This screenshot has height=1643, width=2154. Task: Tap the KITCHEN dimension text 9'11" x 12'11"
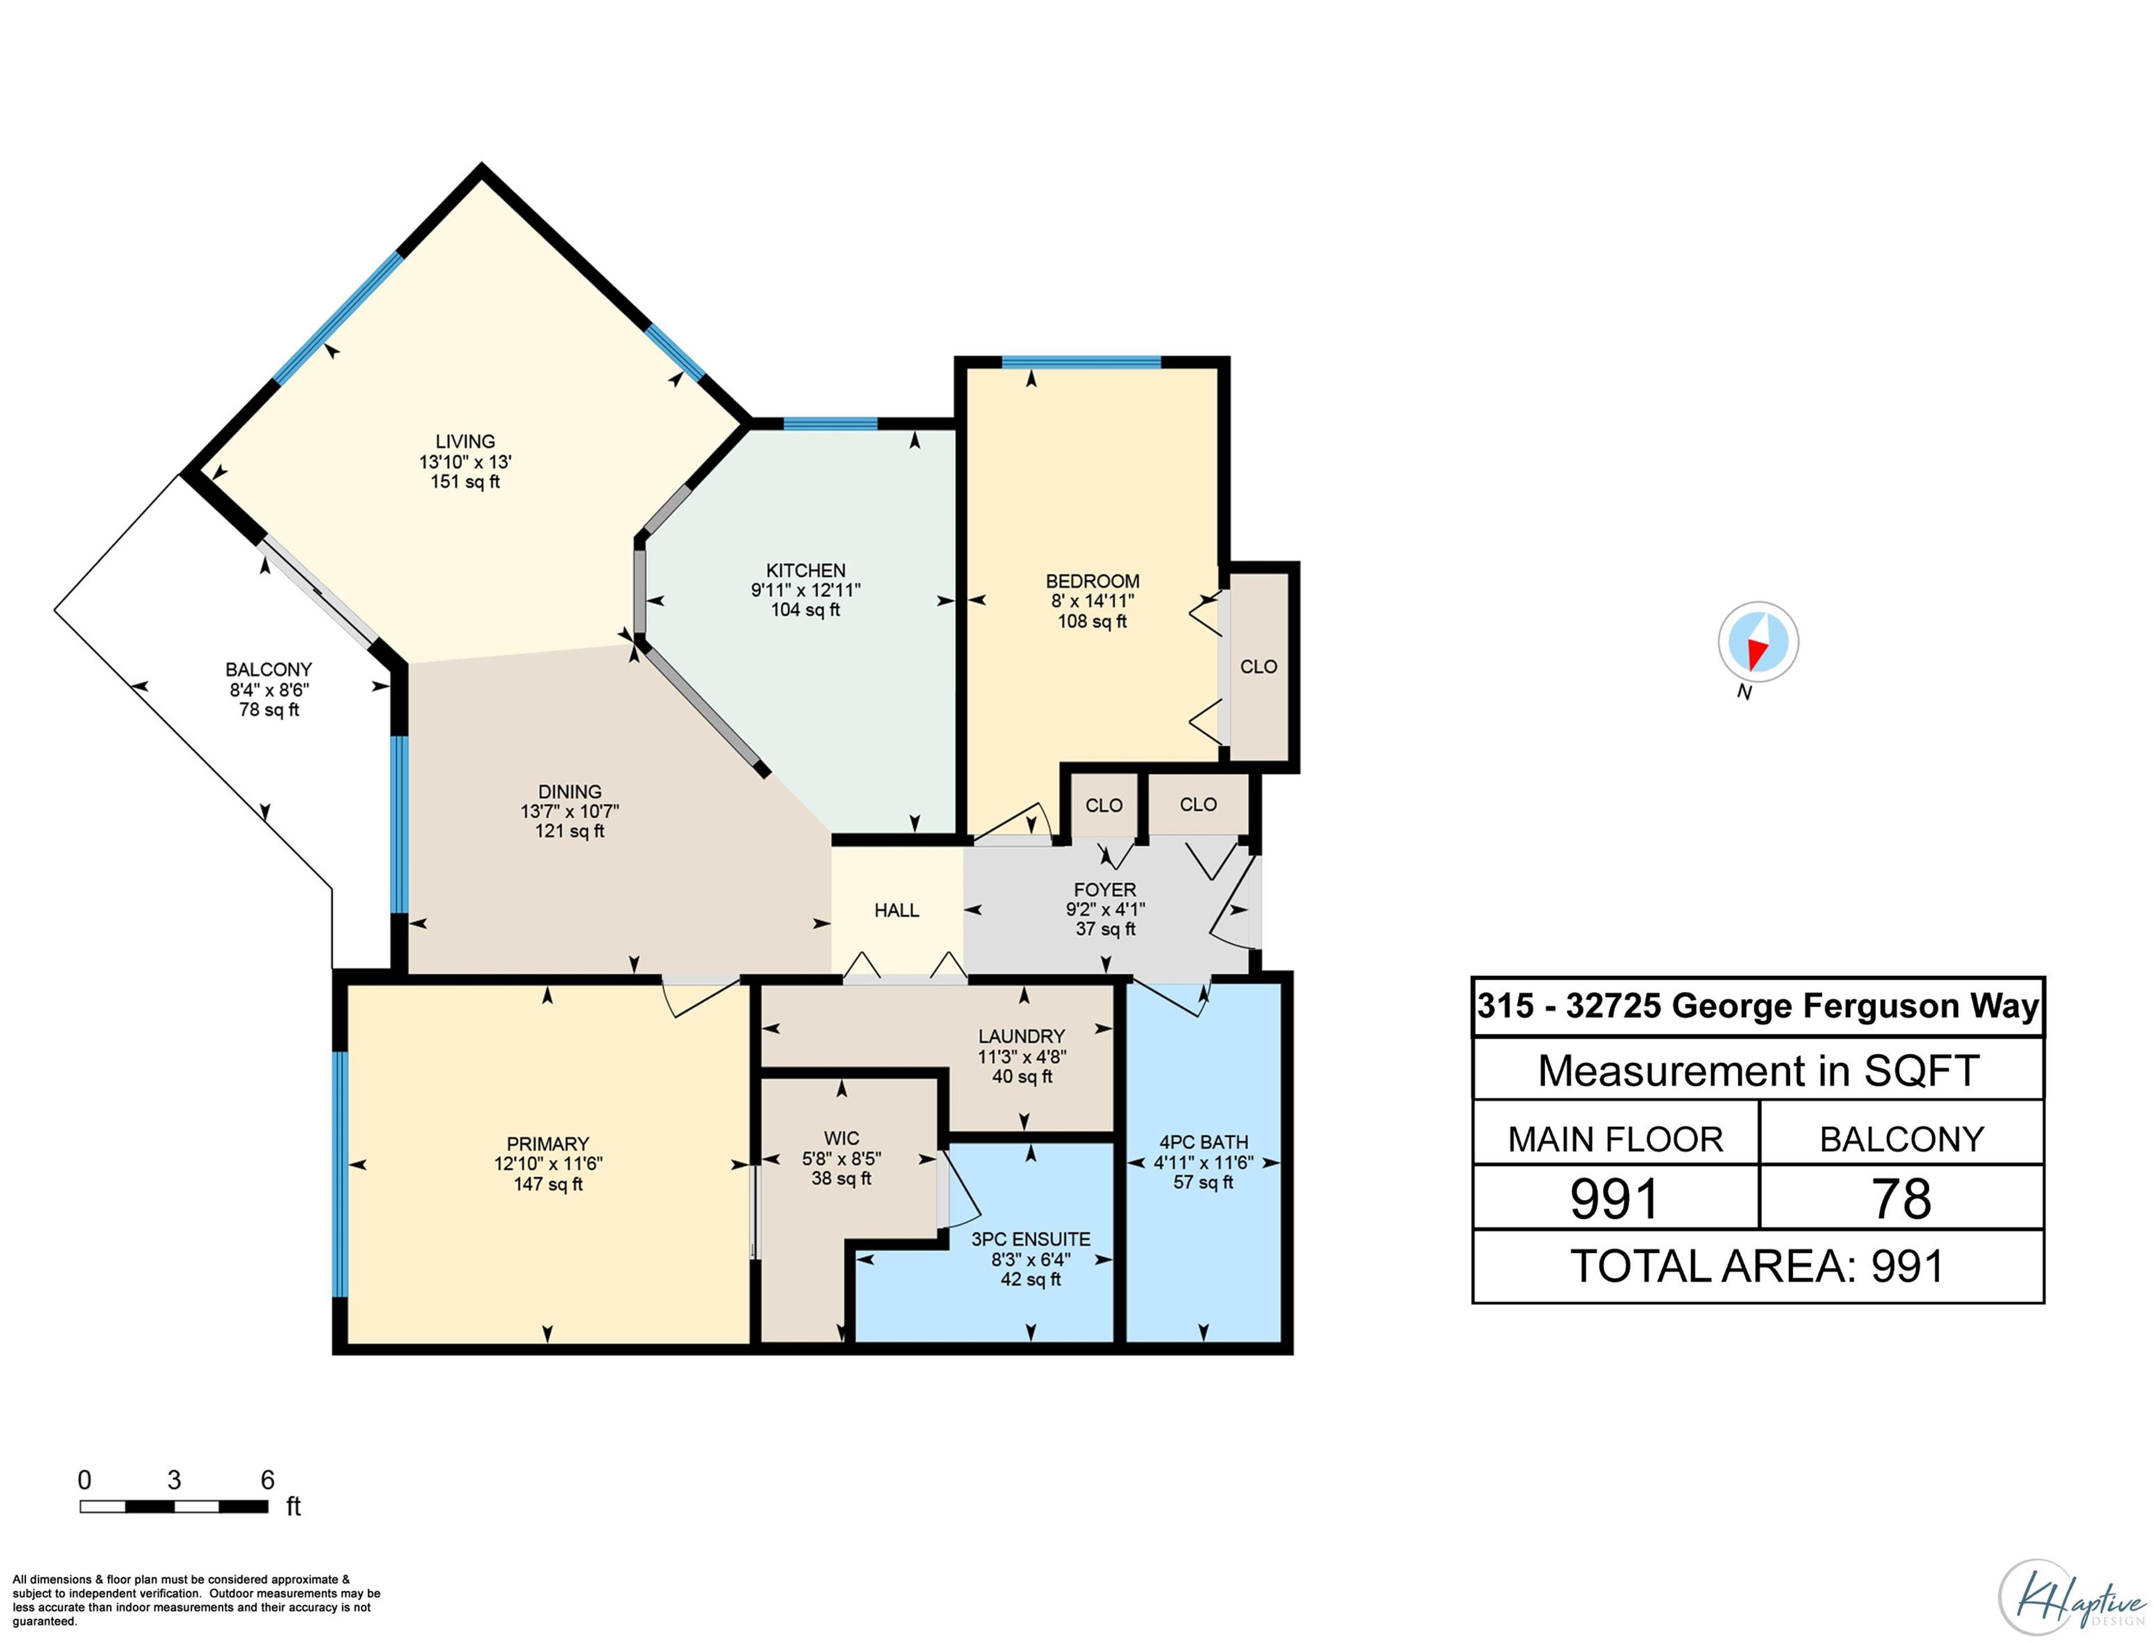(805, 590)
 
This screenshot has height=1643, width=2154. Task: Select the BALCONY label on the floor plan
(268, 669)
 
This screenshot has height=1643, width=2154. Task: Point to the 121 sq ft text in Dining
(569, 831)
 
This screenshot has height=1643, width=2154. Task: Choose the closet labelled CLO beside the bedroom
(1258, 666)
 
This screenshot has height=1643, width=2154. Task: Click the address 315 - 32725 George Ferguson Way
(1757, 1006)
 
